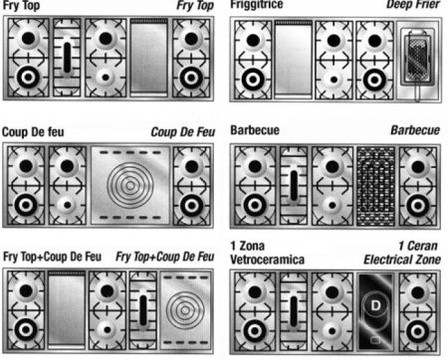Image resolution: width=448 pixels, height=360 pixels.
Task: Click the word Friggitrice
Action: coord(257,4)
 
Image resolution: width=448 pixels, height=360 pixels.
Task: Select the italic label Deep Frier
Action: coord(413,4)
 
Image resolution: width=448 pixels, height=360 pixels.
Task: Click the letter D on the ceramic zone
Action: coord(375,305)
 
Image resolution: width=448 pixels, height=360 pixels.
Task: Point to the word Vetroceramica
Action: coord(267,260)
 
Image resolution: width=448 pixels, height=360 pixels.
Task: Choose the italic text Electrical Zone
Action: coord(402,260)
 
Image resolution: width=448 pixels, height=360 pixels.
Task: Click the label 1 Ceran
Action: coord(418,246)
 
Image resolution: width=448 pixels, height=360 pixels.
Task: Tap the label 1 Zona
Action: coord(248,246)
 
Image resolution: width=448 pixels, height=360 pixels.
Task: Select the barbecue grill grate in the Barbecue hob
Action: coord(376,187)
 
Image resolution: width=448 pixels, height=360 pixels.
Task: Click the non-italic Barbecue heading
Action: coord(255,130)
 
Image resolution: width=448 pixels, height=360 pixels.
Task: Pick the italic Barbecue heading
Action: coord(415,130)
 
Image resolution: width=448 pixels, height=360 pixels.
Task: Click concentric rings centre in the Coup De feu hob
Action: coord(130,185)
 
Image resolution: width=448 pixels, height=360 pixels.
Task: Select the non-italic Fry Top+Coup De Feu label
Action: coord(52,257)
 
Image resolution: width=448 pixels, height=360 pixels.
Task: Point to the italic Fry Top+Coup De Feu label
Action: coord(165,257)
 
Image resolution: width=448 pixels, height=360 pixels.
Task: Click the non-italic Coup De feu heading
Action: coord(33,132)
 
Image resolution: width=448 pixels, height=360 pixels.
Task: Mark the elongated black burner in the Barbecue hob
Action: coord(294,186)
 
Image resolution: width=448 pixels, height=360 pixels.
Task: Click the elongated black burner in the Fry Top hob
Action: coord(67,58)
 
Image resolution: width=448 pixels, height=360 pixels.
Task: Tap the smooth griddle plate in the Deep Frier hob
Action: coord(294,59)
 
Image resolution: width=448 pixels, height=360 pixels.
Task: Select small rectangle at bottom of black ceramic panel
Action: coord(375,340)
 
